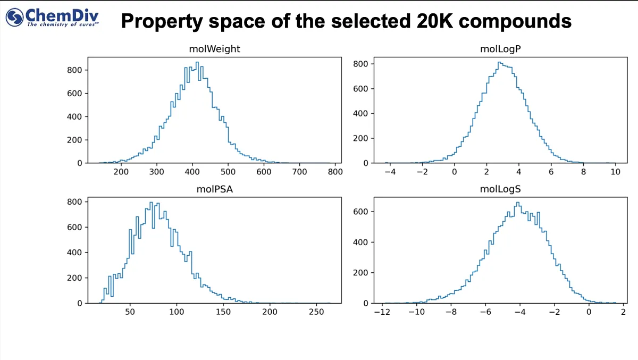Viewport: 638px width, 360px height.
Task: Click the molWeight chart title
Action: point(214,49)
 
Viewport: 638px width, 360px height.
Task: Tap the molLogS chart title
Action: point(500,189)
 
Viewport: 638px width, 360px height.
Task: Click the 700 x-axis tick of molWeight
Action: point(300,172)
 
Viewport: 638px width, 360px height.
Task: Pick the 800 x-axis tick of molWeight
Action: point(335,172)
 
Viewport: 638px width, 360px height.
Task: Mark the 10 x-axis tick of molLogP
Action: point(616,172)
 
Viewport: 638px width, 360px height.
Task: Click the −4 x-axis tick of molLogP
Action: point(389,172)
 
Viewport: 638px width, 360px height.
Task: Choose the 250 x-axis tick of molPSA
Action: point(317,312)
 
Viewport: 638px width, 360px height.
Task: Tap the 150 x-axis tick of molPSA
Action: point(223,312)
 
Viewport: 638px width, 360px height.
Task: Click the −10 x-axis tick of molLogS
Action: point(415,312)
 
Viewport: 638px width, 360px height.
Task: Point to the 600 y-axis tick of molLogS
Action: point(362,212)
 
